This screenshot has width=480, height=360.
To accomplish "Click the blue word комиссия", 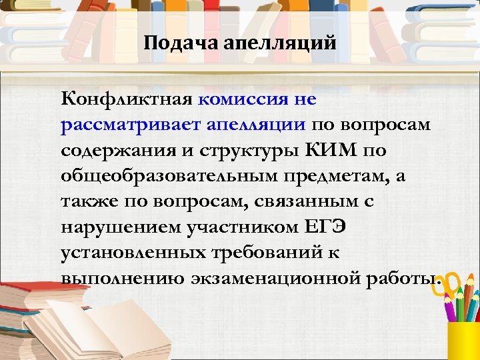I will point(242,99).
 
